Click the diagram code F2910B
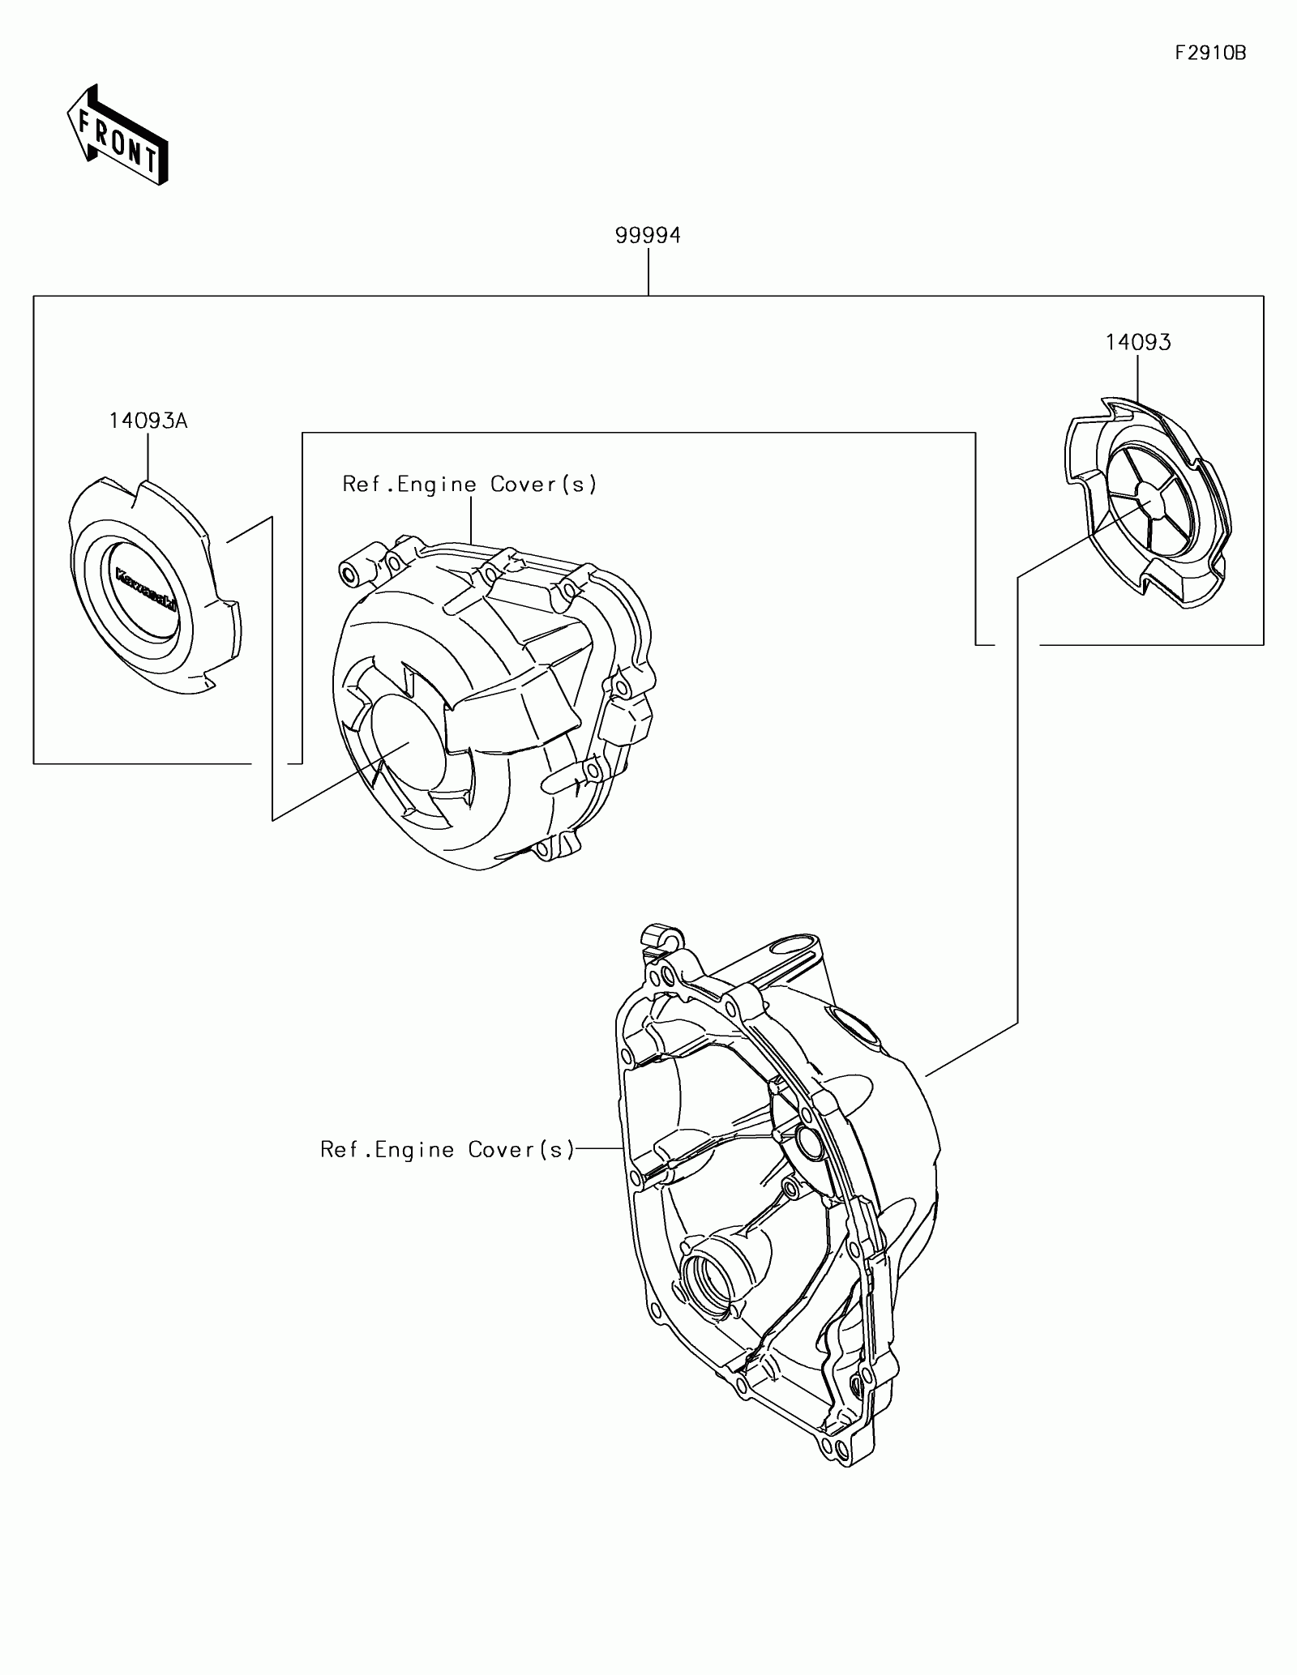tap(1210, 53)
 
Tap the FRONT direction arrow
tap(118, 134)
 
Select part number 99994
tap(648, 236)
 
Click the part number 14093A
tap(148, 421)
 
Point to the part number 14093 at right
tap(1138, 343)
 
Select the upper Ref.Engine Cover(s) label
tap(469, 485)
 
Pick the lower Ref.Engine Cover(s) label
tap(447, 1149)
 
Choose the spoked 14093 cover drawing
tap(1145, 506)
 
